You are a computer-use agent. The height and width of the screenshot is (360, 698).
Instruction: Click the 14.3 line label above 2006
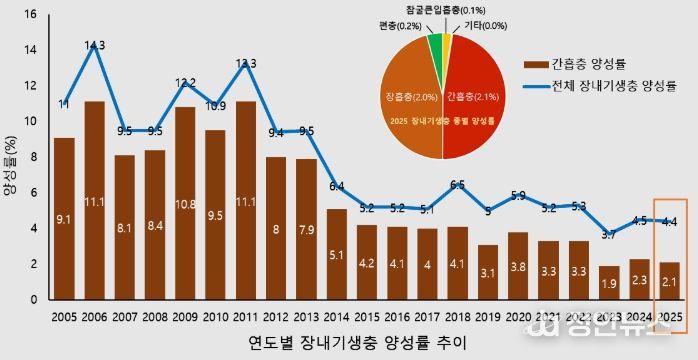coord(95,45)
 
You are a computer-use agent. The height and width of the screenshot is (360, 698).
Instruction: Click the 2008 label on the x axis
coord(155,316)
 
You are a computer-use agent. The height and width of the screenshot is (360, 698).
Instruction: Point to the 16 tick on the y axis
coord(30,15)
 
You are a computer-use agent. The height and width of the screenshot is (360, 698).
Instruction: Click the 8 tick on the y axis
coord(33,157)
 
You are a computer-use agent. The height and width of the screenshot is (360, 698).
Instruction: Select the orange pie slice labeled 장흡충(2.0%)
coord(412,100)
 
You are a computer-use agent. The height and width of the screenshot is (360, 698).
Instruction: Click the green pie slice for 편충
coord(435,48)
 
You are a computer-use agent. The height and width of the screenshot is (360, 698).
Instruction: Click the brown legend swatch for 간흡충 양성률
coord(532,65)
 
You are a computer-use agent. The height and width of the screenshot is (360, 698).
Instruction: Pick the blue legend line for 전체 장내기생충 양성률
coord(532,85)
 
